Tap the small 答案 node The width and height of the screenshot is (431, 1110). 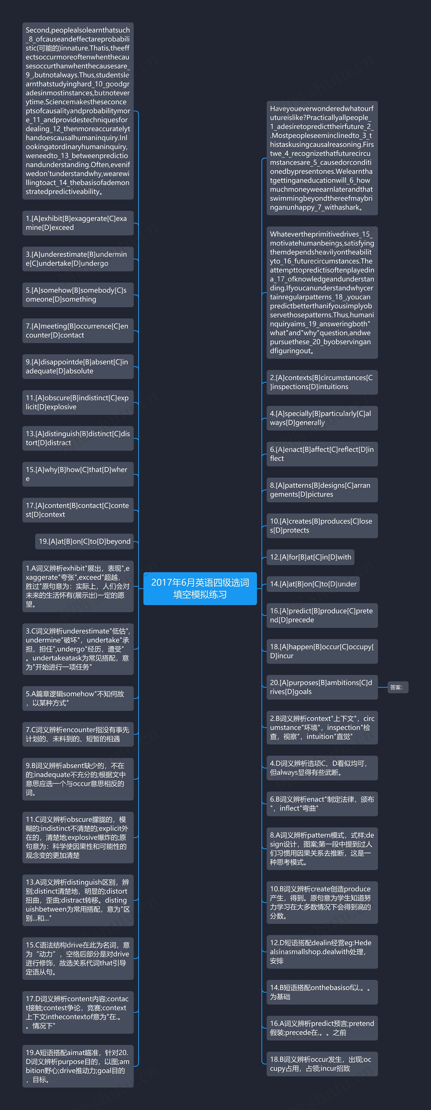pos(397,687)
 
